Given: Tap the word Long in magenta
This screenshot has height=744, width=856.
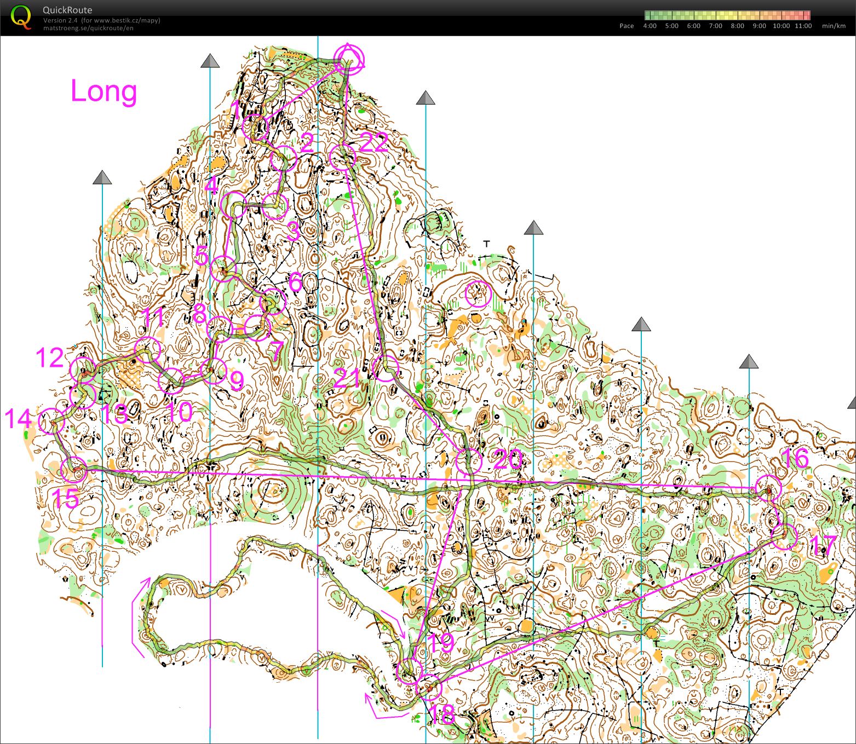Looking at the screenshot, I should click(104, 91).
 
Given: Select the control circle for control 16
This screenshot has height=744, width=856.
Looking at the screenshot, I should click(768, 488).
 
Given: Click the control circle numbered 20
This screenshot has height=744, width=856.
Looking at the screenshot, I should click(469, 462).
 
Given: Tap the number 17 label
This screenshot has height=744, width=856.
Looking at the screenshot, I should click(823, 545).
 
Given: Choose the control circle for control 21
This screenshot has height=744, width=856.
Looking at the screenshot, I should click(385, 368).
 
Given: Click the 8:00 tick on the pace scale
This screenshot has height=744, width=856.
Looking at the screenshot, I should click(737, 26).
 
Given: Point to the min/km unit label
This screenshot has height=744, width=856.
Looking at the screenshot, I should click(833, 26).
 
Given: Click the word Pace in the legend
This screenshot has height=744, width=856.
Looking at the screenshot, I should click(627, 26).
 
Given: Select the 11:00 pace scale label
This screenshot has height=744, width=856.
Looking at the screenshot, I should click(803, 26).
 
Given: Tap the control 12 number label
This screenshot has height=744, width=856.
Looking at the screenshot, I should click(50, 357).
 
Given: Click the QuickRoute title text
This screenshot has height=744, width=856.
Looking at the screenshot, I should click(67, 10).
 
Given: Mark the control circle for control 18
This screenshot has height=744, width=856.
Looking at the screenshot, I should click(428, 688).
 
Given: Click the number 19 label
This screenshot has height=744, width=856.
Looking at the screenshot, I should click(440, 643).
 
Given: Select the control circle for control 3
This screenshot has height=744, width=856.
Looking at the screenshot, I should click(275, 206).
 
